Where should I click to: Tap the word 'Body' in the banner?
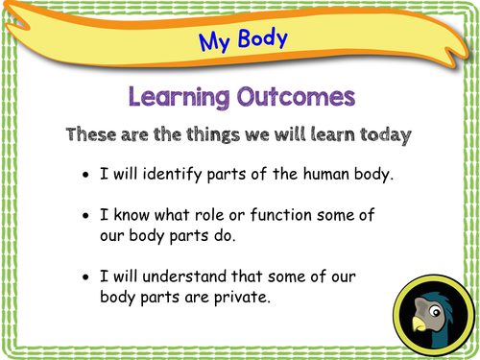coord(258,39)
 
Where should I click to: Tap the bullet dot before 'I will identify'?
coord(88,178)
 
